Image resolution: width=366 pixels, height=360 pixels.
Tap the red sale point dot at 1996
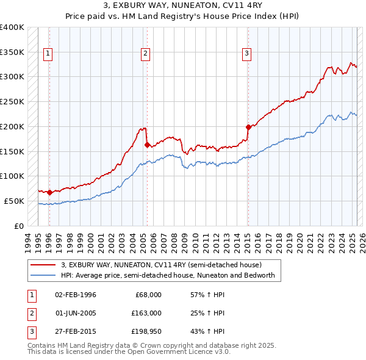coord(49,192)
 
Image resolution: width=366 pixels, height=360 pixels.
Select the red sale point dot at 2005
coord(147,145)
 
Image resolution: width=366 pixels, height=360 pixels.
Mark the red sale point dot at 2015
coord(248,128)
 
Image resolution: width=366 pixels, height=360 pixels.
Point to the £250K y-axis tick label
coord(12,101)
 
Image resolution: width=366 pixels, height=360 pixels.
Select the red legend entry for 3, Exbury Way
coord(161,265)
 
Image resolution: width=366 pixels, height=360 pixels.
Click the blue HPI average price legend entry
coord(168,275)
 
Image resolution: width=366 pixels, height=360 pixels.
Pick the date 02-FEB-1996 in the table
coord(76,294)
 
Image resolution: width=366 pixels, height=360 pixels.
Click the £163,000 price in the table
coord(146,313)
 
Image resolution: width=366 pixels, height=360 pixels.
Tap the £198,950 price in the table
coord(146,332)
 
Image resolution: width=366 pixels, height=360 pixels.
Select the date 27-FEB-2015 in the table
coord(76,332)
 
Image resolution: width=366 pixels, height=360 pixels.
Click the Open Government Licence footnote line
coord(129,351)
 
